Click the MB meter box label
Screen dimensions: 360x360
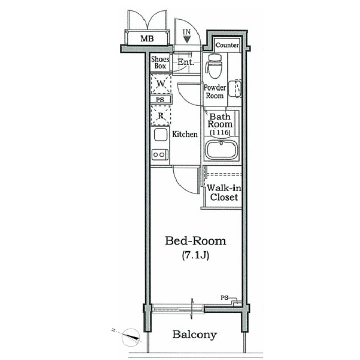coord(147,39)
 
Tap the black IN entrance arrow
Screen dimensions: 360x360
coord(187,40)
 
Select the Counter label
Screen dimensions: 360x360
coord(227,45)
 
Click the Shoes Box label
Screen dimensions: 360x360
coord(160,62)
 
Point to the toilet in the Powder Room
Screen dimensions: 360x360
coord(214,65)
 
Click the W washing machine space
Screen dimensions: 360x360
coord(161,83)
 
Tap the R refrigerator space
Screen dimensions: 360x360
coord(160,116)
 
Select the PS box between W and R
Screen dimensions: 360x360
coord(160,100)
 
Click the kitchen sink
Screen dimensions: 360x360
coord(160,135)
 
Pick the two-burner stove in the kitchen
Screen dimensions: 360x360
coord(159,154)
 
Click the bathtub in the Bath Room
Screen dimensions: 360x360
coord(221,150)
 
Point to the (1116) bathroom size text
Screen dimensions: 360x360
coord(220,132)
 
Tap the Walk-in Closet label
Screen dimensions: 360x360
coord(224,192)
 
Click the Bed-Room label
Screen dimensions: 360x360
coord(195,241)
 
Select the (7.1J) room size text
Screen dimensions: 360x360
coord(195,256)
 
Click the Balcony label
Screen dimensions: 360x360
coord(194,334)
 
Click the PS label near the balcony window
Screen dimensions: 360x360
coord(224,298)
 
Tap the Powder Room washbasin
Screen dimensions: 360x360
coord(238,88)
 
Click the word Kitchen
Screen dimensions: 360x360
coord(185,134)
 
